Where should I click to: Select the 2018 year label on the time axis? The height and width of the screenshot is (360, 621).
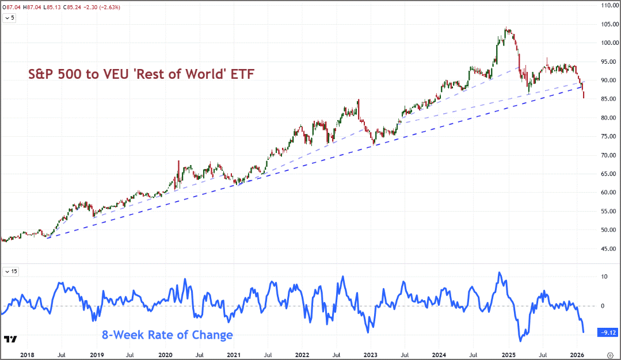pos(27,355)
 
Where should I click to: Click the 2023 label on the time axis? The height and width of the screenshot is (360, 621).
pos(371,355)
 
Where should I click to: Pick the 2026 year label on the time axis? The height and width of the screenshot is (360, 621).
pos(577,355)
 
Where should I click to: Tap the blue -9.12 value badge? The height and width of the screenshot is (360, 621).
pos(608,332)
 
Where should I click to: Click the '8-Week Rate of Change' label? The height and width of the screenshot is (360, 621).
pos(167,335)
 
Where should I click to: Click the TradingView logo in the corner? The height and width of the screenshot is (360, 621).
pos(10,339)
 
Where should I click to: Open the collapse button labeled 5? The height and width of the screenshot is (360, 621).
pos(9,18)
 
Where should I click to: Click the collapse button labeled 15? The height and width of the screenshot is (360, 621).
pos(11,271)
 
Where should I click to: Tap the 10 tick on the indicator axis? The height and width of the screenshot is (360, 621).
pos(604,277)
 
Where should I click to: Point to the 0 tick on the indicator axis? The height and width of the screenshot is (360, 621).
pos(603,306)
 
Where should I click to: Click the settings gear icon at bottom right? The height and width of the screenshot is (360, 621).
pos(610,355)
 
